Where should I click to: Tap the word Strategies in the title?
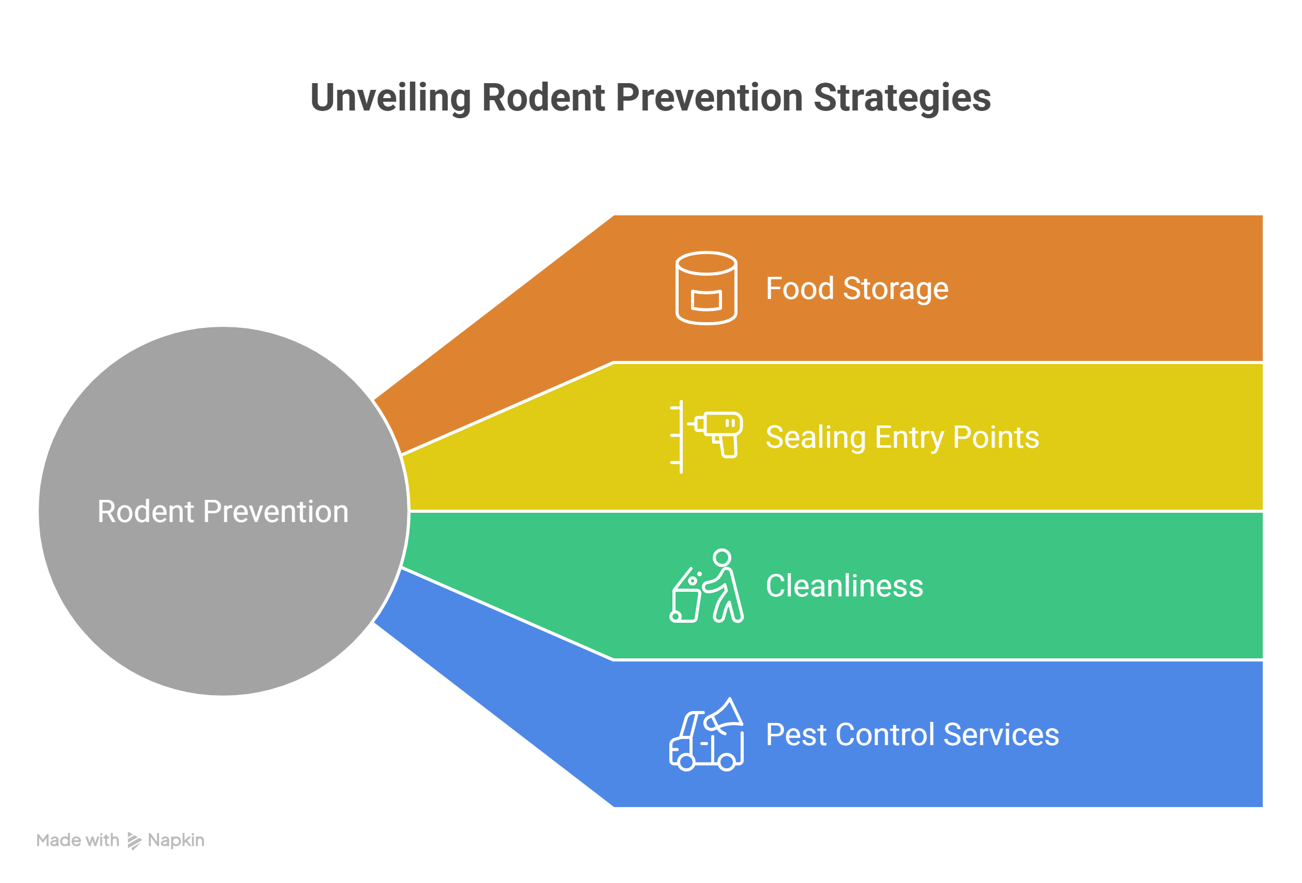tap(902, 98)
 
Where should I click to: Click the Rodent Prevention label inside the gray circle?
tap(223, 512)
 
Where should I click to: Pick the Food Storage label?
tap(857, 289)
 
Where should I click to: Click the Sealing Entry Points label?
tap(902, 437)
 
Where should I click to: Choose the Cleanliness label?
tap(844, 586)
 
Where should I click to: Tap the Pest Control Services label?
tap(912, 734)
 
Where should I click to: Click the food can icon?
tap(707, 288)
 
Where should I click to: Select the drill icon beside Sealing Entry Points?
tap(719, 433)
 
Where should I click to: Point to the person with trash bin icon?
tap(707, 586)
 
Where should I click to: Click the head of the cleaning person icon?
tap(722, 558)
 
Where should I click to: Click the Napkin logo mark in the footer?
tap(134, 841)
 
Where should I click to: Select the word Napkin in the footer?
tap(176, 841)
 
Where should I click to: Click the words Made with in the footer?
tap(78, 841)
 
